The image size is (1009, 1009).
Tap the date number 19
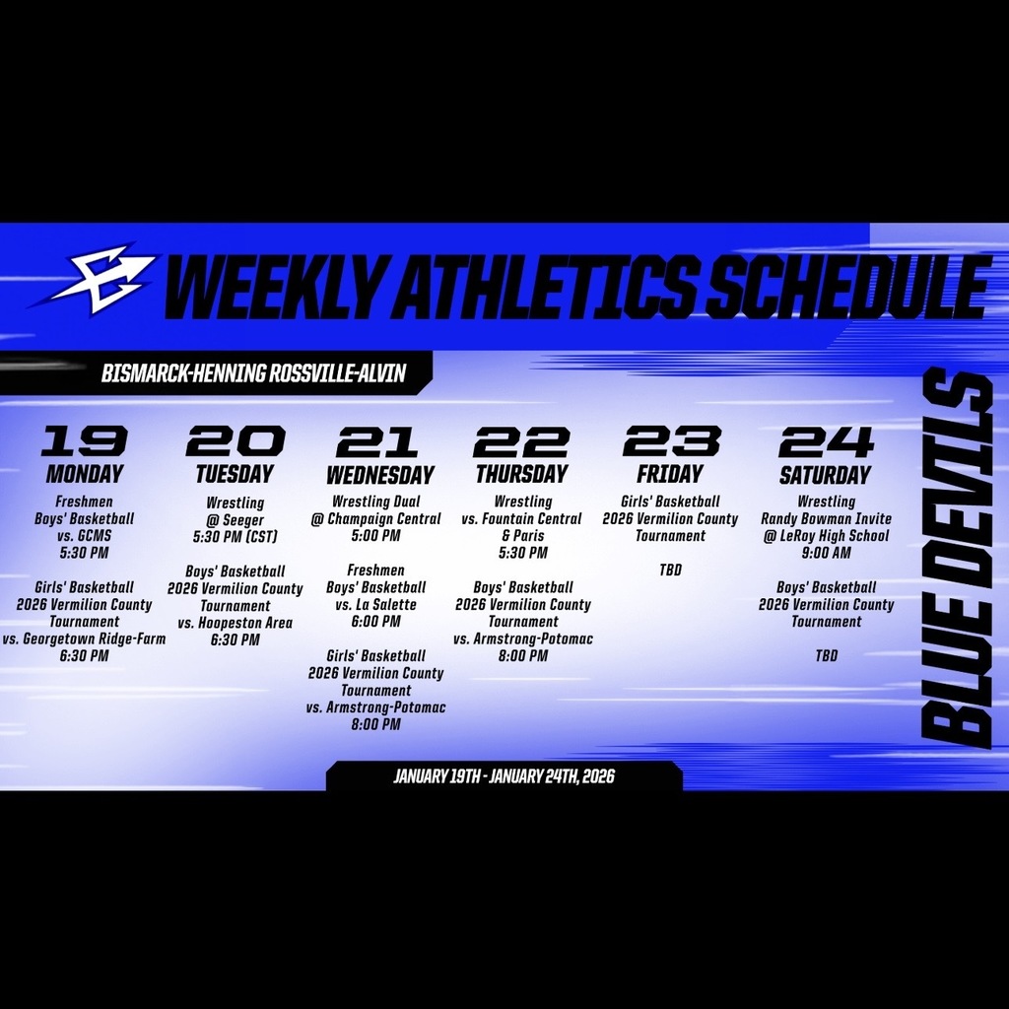tap(84, 440)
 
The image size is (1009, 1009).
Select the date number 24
tap(825, 440)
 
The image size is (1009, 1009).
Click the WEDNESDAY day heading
tap(379, 475)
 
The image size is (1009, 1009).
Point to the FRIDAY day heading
tap(670, 473)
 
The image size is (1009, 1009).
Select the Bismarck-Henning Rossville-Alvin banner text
tap(253, 373)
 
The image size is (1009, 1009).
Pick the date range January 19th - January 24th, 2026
tap(504, 776)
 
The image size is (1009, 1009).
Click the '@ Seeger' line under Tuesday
tap(235, 519)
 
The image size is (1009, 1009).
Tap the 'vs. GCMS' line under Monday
tap(84, 536)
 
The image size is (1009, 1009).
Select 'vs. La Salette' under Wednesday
tap(375, 604)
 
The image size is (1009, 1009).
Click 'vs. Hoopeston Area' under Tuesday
tap(235, 623)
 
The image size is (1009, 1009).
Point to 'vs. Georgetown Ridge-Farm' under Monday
tap(84, 639)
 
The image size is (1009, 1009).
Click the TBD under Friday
tap(670, 571)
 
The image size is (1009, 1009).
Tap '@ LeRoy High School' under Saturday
tap(826, 536)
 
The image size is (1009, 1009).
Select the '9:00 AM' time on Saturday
tap(826, 553)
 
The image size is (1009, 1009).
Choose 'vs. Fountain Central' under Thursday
tap(522, 519)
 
